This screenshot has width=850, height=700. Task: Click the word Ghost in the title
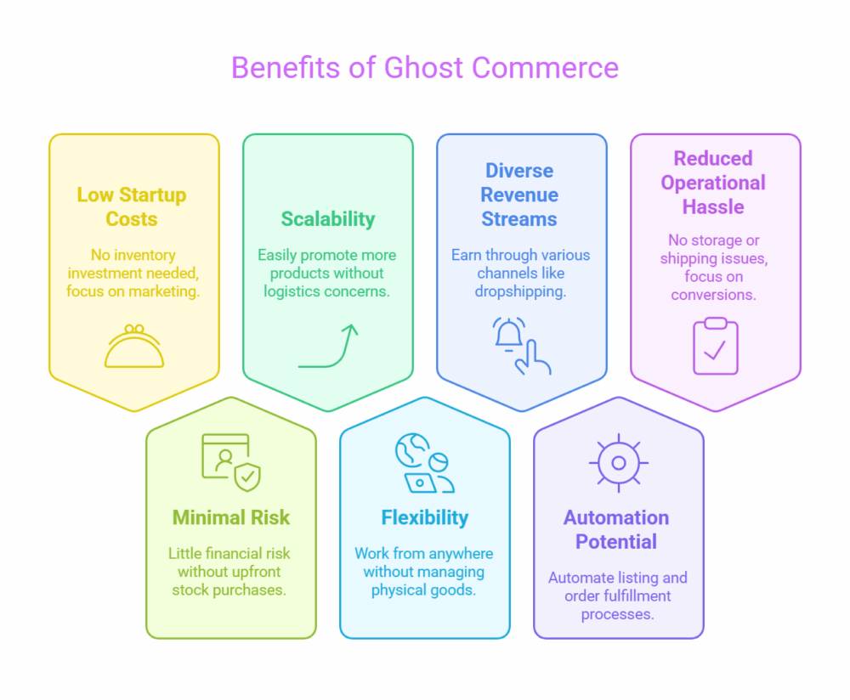423,68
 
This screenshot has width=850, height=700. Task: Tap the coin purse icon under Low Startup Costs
134,347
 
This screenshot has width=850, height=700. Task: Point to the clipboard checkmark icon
716,347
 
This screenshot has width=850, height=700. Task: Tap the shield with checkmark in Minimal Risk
247,477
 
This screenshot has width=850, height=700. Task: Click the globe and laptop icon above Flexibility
424,463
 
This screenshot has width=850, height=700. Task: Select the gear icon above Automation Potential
619,463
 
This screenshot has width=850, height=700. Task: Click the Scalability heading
328,219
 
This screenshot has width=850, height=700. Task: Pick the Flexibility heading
425,517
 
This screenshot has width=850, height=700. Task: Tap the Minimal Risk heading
231,517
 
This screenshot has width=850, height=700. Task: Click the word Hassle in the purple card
713,206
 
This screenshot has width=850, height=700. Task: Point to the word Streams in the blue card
519,219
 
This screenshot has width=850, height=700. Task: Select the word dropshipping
520,291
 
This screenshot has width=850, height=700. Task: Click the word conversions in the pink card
713,295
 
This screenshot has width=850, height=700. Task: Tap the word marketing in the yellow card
164,291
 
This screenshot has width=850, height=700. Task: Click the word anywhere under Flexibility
459,554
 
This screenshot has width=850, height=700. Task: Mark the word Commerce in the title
546,68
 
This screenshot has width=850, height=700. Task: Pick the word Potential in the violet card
616,541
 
